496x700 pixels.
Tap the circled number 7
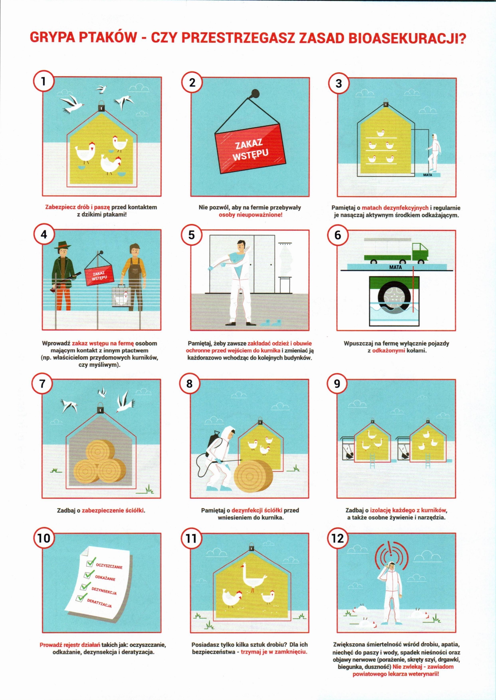42,384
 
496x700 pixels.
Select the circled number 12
337,538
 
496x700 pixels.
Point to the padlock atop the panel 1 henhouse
101,106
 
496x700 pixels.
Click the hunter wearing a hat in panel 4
63,276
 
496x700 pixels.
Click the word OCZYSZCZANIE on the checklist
109,566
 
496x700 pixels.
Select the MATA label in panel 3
428,175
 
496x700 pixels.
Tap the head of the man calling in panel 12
391,567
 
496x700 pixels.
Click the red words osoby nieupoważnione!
250,215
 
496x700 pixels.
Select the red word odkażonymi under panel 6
389,350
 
